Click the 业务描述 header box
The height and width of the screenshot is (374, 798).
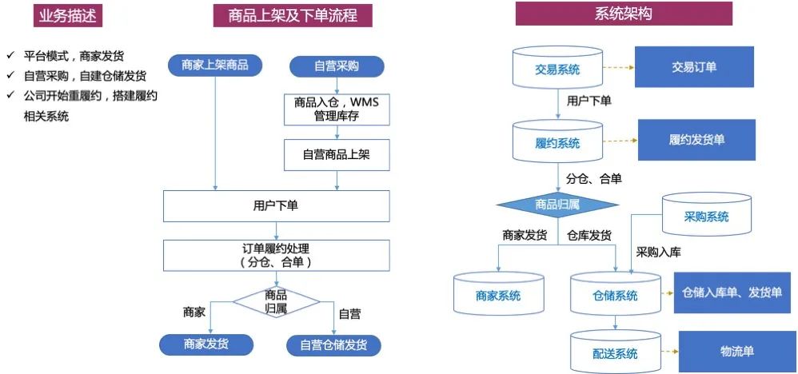68,15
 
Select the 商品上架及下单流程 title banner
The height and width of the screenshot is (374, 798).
293,15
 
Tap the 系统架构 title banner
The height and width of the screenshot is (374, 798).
624,14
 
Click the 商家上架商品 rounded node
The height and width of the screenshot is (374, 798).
214,66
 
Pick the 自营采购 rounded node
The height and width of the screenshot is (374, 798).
336,66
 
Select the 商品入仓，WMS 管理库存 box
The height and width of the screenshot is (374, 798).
337,109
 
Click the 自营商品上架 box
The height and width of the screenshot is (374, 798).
337,154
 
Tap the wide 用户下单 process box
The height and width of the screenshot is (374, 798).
276,205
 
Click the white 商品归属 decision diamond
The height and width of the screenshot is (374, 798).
276,301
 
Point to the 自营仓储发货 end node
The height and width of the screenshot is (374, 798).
333,344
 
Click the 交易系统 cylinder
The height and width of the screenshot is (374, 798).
557,69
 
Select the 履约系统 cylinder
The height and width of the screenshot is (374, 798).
557,142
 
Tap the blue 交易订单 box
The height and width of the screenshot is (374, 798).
694,67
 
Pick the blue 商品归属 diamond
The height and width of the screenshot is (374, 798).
557,205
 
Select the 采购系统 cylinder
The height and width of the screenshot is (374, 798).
706,215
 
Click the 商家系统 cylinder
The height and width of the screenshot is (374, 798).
498,294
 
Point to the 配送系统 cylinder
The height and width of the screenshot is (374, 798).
616,352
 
